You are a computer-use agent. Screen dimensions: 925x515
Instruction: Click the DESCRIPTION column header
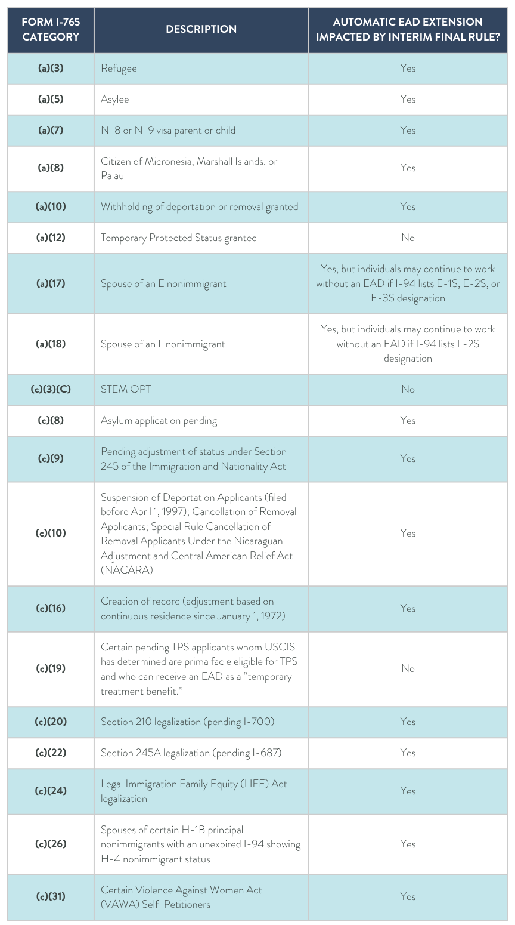pos(201,29)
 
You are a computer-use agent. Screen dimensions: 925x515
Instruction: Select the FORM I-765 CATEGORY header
pos(51,29)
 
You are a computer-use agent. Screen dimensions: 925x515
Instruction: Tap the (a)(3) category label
pos(51,68)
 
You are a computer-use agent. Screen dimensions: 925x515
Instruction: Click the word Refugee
pos(119,68)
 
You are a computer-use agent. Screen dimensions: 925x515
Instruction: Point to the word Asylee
pos(115,99)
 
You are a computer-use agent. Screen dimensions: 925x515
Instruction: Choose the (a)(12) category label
pos(51,238)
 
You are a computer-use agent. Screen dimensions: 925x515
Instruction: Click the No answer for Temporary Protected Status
pos(408,238)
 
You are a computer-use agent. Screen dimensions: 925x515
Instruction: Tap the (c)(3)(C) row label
pos(51,389)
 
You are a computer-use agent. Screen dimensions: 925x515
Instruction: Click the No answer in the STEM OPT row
pos(408,389)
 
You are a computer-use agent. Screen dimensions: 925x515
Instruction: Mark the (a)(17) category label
pos(51,283)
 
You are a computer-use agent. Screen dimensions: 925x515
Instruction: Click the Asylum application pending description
pos(159,420)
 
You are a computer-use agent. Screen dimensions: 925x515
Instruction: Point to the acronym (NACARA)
pos(126,570)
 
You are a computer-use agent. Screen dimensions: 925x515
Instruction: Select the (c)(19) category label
pos(51,668)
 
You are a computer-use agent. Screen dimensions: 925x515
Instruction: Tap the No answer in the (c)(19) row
pos(408,668)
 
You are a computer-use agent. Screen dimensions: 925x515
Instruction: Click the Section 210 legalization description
pos(187,721)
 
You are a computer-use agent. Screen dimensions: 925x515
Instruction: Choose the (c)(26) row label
pos(51,844)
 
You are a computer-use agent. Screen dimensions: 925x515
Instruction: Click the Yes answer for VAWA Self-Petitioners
pos(408,896)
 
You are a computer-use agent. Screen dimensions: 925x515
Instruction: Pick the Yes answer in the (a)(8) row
pos(408,168)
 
